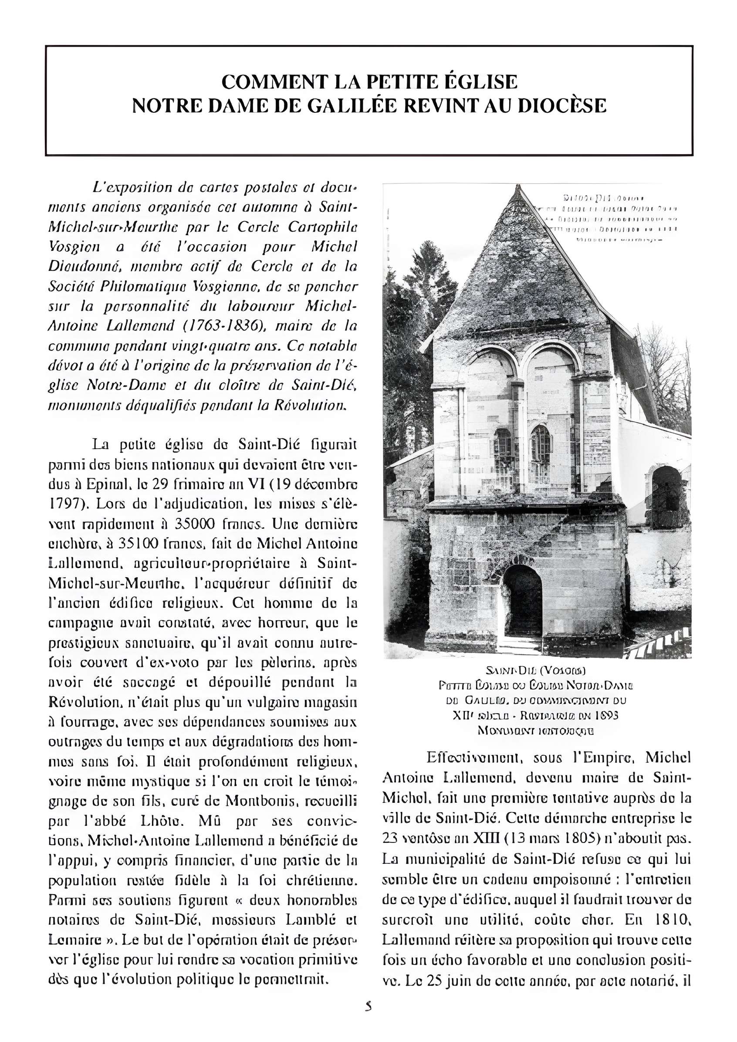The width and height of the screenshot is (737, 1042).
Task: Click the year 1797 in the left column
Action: coord(63,504)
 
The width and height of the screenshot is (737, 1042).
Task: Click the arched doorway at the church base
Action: coord(523,601)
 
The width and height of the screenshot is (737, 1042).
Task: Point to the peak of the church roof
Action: coord(517,188)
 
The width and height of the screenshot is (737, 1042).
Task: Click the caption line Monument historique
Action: coord(536,731)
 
